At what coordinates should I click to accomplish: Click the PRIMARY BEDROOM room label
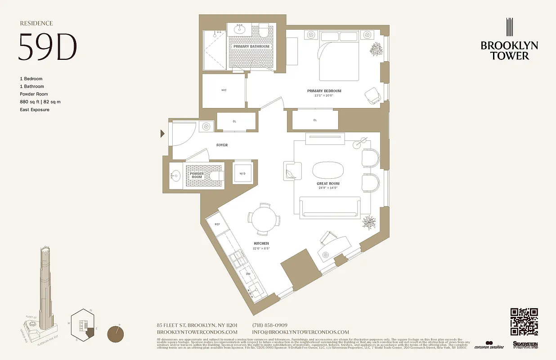pos(327,91)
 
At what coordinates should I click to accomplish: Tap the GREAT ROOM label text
pos(328,184)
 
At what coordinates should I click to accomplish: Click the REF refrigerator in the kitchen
pos(217,224)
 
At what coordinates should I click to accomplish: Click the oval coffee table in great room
pos(327,171)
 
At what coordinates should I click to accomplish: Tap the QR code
pos(524,321)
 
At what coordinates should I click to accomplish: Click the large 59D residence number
pos(47,47)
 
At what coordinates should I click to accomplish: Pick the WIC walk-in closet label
pos(224,90)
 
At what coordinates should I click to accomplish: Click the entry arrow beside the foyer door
pos(163,134)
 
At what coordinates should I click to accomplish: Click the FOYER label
pos(222,145)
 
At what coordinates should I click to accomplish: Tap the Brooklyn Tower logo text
pos(509,50)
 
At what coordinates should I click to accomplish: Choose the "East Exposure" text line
pos(35,110)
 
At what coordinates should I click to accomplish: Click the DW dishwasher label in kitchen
pos(248,274)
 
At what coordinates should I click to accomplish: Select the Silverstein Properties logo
pos(525,345)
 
